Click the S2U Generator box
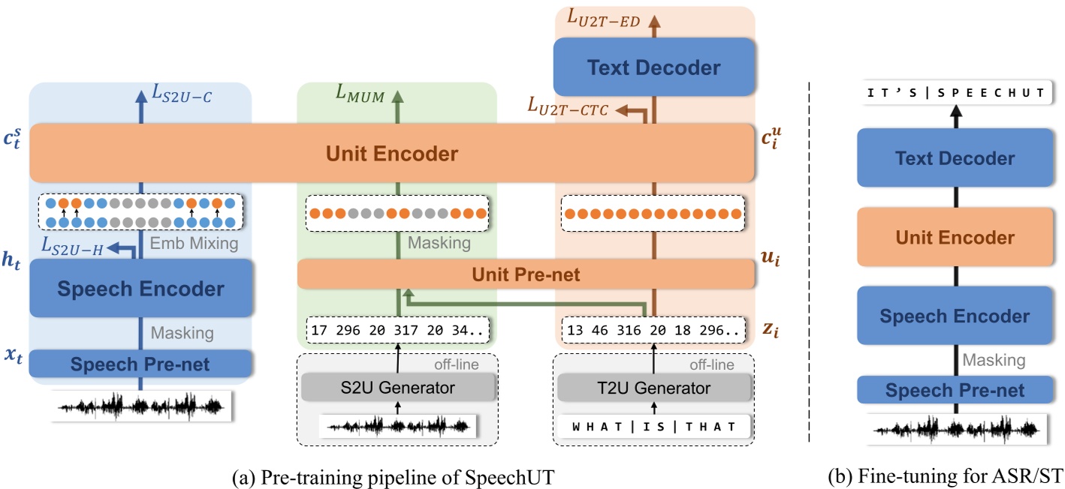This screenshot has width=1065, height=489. tap(398, 388)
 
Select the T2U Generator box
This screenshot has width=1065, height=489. tap(654, 388)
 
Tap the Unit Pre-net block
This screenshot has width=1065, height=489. tap(526, 274)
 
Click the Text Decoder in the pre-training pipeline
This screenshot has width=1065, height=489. tap(653, 67)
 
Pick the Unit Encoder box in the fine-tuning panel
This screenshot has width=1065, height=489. tap(955, 238)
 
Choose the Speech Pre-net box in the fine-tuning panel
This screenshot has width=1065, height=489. tap(955, 390)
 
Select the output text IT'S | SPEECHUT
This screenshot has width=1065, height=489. tap(955, 92)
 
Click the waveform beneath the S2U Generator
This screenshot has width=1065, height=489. tap(398, 426)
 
